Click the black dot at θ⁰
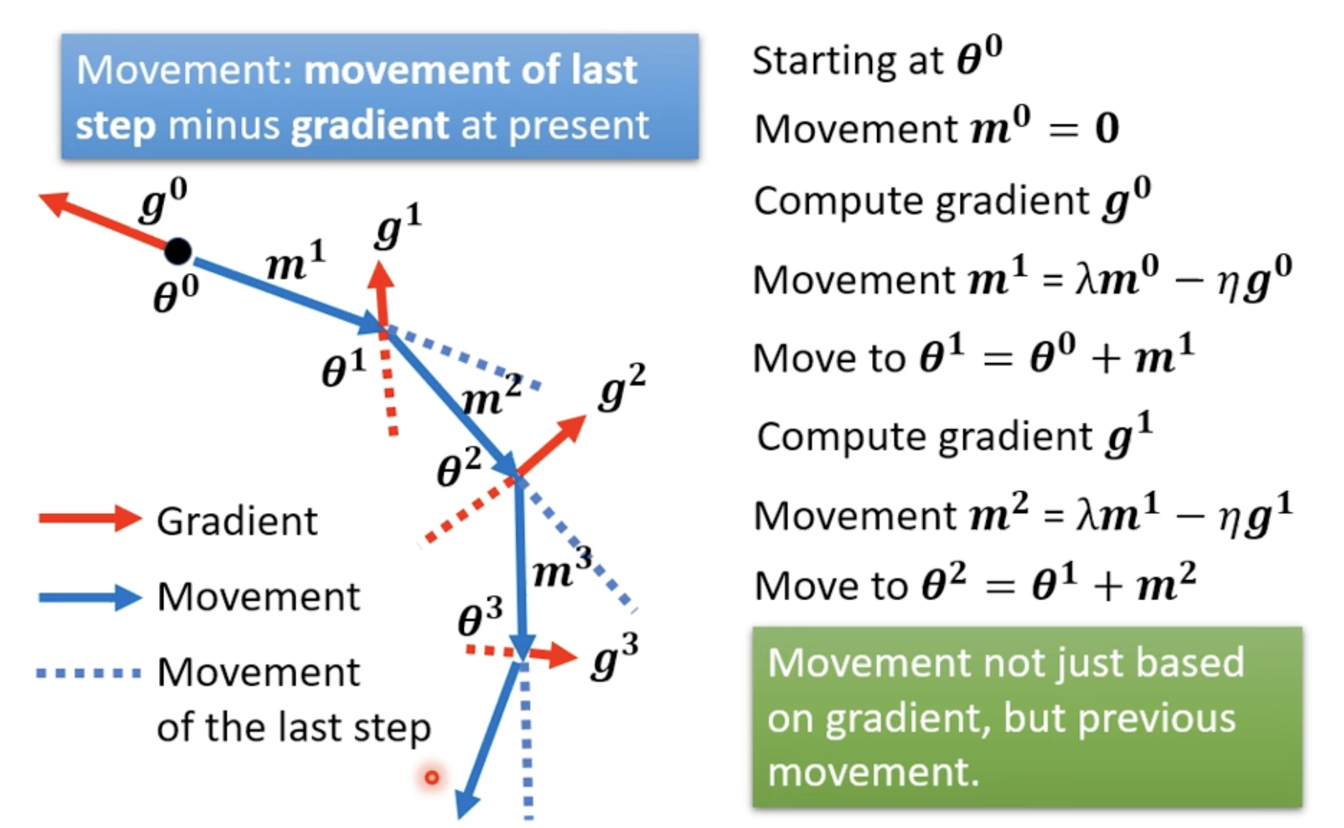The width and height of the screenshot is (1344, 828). tap(178, 251)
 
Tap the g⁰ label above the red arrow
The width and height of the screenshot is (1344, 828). tap(163, 200)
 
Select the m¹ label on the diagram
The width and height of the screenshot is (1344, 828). tap(295, 260)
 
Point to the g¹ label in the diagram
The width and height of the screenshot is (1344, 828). tap(398, 225)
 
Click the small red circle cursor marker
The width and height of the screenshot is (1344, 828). tap(432, 777)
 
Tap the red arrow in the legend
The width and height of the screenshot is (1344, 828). tap(90, 519)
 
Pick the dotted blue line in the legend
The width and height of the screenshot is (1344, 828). tap(89, 673)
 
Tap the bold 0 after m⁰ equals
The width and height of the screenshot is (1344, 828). tap(1107, 128)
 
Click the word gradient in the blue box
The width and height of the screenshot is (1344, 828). tap(370, 126)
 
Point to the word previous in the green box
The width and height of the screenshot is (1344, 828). tap(1157, 718)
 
